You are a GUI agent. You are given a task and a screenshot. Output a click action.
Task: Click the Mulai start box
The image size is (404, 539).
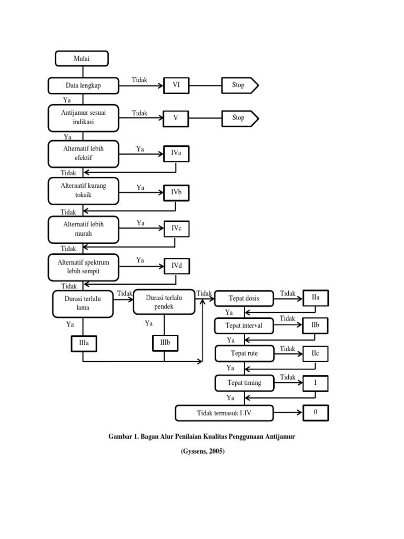coord(82,58)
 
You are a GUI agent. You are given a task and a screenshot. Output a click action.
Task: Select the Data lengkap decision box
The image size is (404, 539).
coord(84,86)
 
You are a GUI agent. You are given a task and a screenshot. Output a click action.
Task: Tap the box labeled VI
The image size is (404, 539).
coord(176,85)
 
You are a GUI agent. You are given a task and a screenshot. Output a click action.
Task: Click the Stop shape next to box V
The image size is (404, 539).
coord(240,118)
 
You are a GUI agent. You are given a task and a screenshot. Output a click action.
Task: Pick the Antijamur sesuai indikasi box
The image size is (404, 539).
coord(84,118)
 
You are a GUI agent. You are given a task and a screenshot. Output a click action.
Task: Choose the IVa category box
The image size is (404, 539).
coord(176,154)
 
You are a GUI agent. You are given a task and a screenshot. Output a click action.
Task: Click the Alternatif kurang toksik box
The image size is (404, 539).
coord(84,191)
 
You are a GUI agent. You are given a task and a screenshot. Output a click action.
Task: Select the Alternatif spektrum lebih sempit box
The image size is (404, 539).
coord(84,267)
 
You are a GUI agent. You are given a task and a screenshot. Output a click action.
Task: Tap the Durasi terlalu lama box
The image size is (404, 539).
coord(83,304)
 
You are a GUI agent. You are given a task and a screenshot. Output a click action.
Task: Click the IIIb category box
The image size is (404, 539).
coord(165,343)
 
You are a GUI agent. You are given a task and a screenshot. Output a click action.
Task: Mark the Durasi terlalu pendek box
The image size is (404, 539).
coord(164,302)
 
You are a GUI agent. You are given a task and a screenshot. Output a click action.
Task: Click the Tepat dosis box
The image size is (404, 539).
coord(244,298)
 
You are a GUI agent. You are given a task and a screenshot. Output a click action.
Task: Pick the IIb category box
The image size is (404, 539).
coord(316,325)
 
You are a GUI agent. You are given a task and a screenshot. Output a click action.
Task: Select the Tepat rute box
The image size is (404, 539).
coord(245,354)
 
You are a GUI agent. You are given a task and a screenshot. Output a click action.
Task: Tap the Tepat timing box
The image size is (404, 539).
coord(245,383)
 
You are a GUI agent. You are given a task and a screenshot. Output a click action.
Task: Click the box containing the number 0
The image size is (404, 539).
coord(316,413)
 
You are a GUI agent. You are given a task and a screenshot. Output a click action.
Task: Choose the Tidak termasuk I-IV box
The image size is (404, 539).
coord(224,413)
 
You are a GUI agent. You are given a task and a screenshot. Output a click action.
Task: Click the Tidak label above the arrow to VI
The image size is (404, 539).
coord(139,80)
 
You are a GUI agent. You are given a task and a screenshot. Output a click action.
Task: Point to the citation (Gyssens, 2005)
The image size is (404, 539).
coord(203,451)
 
